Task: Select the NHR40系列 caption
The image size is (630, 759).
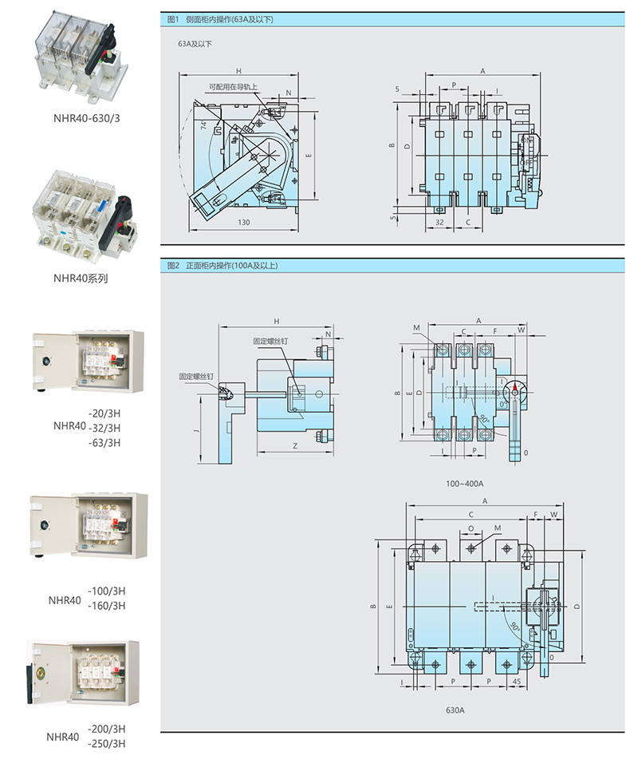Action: click(80, 279)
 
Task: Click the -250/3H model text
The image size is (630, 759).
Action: click(107, 744)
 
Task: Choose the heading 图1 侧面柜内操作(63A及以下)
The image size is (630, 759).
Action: click(220, 19)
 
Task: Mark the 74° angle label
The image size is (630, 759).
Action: click(204, 125)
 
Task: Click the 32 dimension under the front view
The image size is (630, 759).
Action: click(439, 222)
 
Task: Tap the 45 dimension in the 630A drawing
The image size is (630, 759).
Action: click(516, 682)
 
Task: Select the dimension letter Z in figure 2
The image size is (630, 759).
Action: click(295, 446)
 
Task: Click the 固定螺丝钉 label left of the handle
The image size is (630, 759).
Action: click(193, 375)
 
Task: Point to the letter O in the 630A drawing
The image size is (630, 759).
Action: click(471, 528)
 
